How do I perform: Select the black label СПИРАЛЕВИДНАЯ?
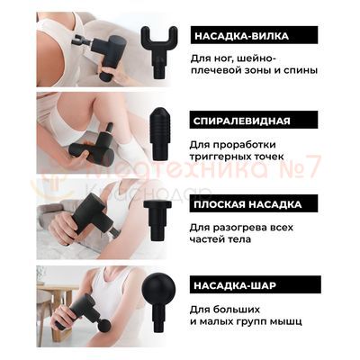[x=240, y=120]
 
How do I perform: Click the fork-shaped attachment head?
[x=159, y=46]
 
